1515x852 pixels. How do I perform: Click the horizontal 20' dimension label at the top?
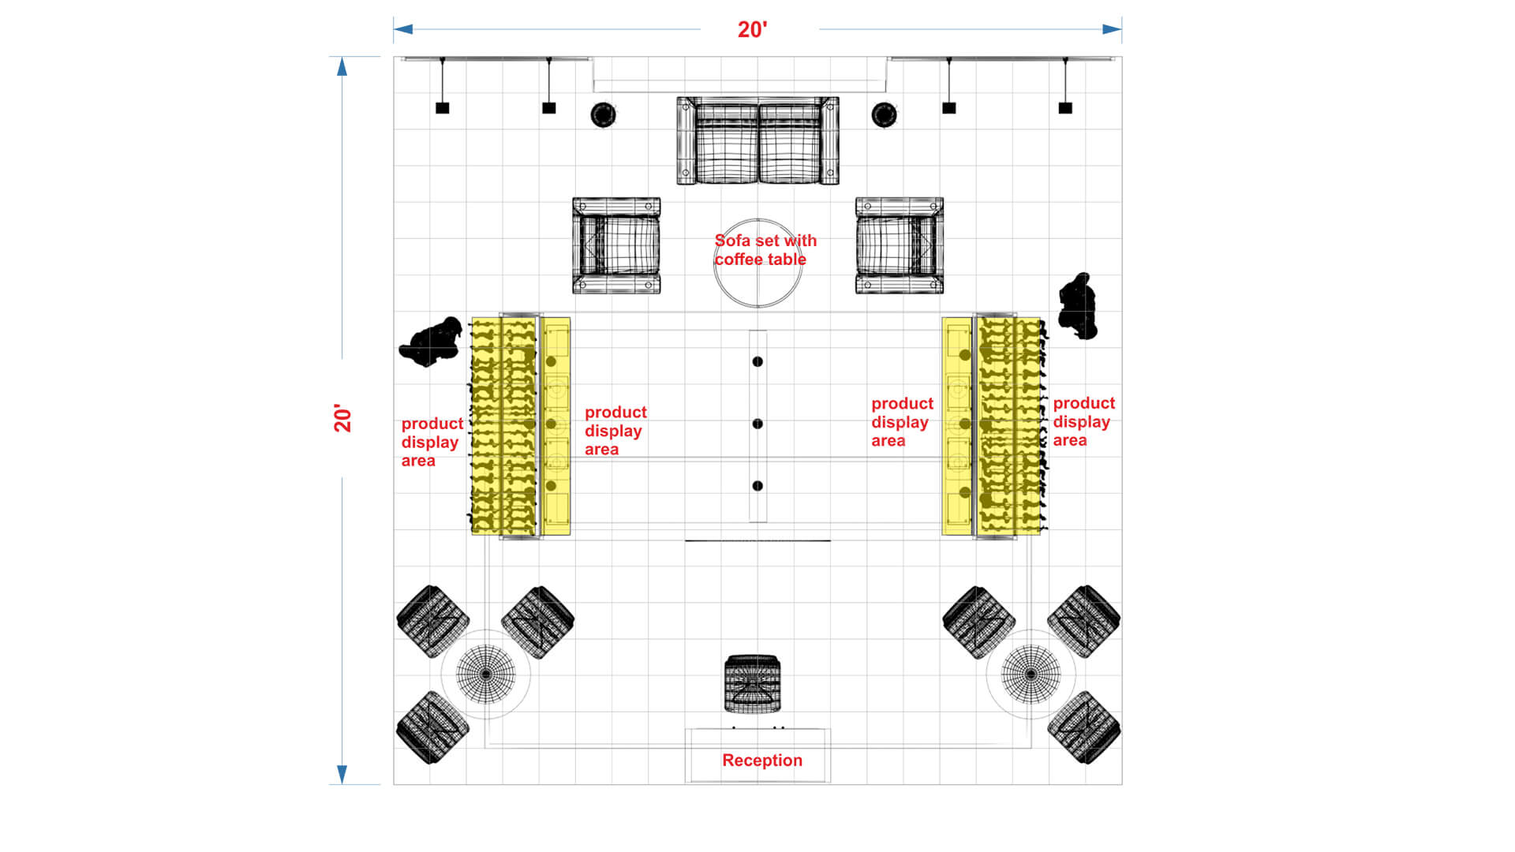point(752,30)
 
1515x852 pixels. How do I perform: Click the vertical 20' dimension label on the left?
point(342,418)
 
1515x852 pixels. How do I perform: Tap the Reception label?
point(762,760)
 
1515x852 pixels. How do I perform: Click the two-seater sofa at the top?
point(757,141)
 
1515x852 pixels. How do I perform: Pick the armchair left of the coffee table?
point(616,245)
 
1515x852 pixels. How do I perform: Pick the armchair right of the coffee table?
point(900,245)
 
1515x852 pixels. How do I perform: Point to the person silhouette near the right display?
point(1078,306)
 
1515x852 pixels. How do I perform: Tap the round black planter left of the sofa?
point(603,114)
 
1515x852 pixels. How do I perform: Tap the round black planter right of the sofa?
point(884,114)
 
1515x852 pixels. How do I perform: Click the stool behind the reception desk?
point(753,683)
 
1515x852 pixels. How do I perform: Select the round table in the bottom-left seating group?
point(485,674)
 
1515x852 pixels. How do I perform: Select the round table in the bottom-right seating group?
point(1031,674)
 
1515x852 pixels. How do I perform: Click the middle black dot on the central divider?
point(757,424)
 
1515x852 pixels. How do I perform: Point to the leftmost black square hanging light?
point(443,108)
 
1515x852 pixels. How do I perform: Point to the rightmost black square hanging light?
point(1065,108)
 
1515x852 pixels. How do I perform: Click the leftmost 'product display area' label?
point(432,442)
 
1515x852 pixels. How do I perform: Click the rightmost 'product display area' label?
point(1084,421)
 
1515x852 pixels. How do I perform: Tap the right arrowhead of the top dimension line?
point(1113,29)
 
